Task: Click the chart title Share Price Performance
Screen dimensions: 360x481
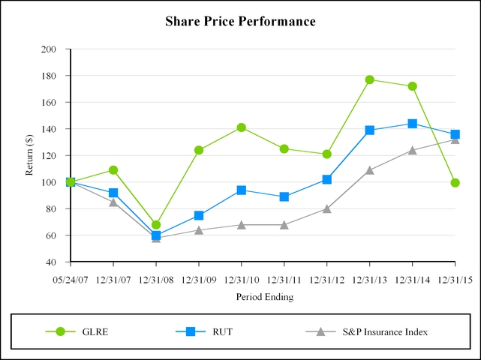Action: pos(240,22)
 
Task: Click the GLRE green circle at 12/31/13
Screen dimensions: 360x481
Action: pos(370,79)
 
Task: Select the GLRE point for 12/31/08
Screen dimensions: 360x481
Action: pos(156,225)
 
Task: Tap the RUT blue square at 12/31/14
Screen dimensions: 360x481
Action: pos(413,124)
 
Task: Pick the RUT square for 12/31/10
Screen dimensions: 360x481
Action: pos(242,190)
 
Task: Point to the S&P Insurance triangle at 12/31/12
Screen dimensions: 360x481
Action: pos(327,209)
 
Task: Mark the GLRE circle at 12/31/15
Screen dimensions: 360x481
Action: pos(455,182)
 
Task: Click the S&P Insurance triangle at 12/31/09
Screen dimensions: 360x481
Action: pos(199,230)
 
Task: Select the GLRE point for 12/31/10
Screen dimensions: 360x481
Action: pos(242,127)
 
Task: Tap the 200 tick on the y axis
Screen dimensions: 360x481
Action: pos(49,49)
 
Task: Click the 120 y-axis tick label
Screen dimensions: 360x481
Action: pos(49,156)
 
